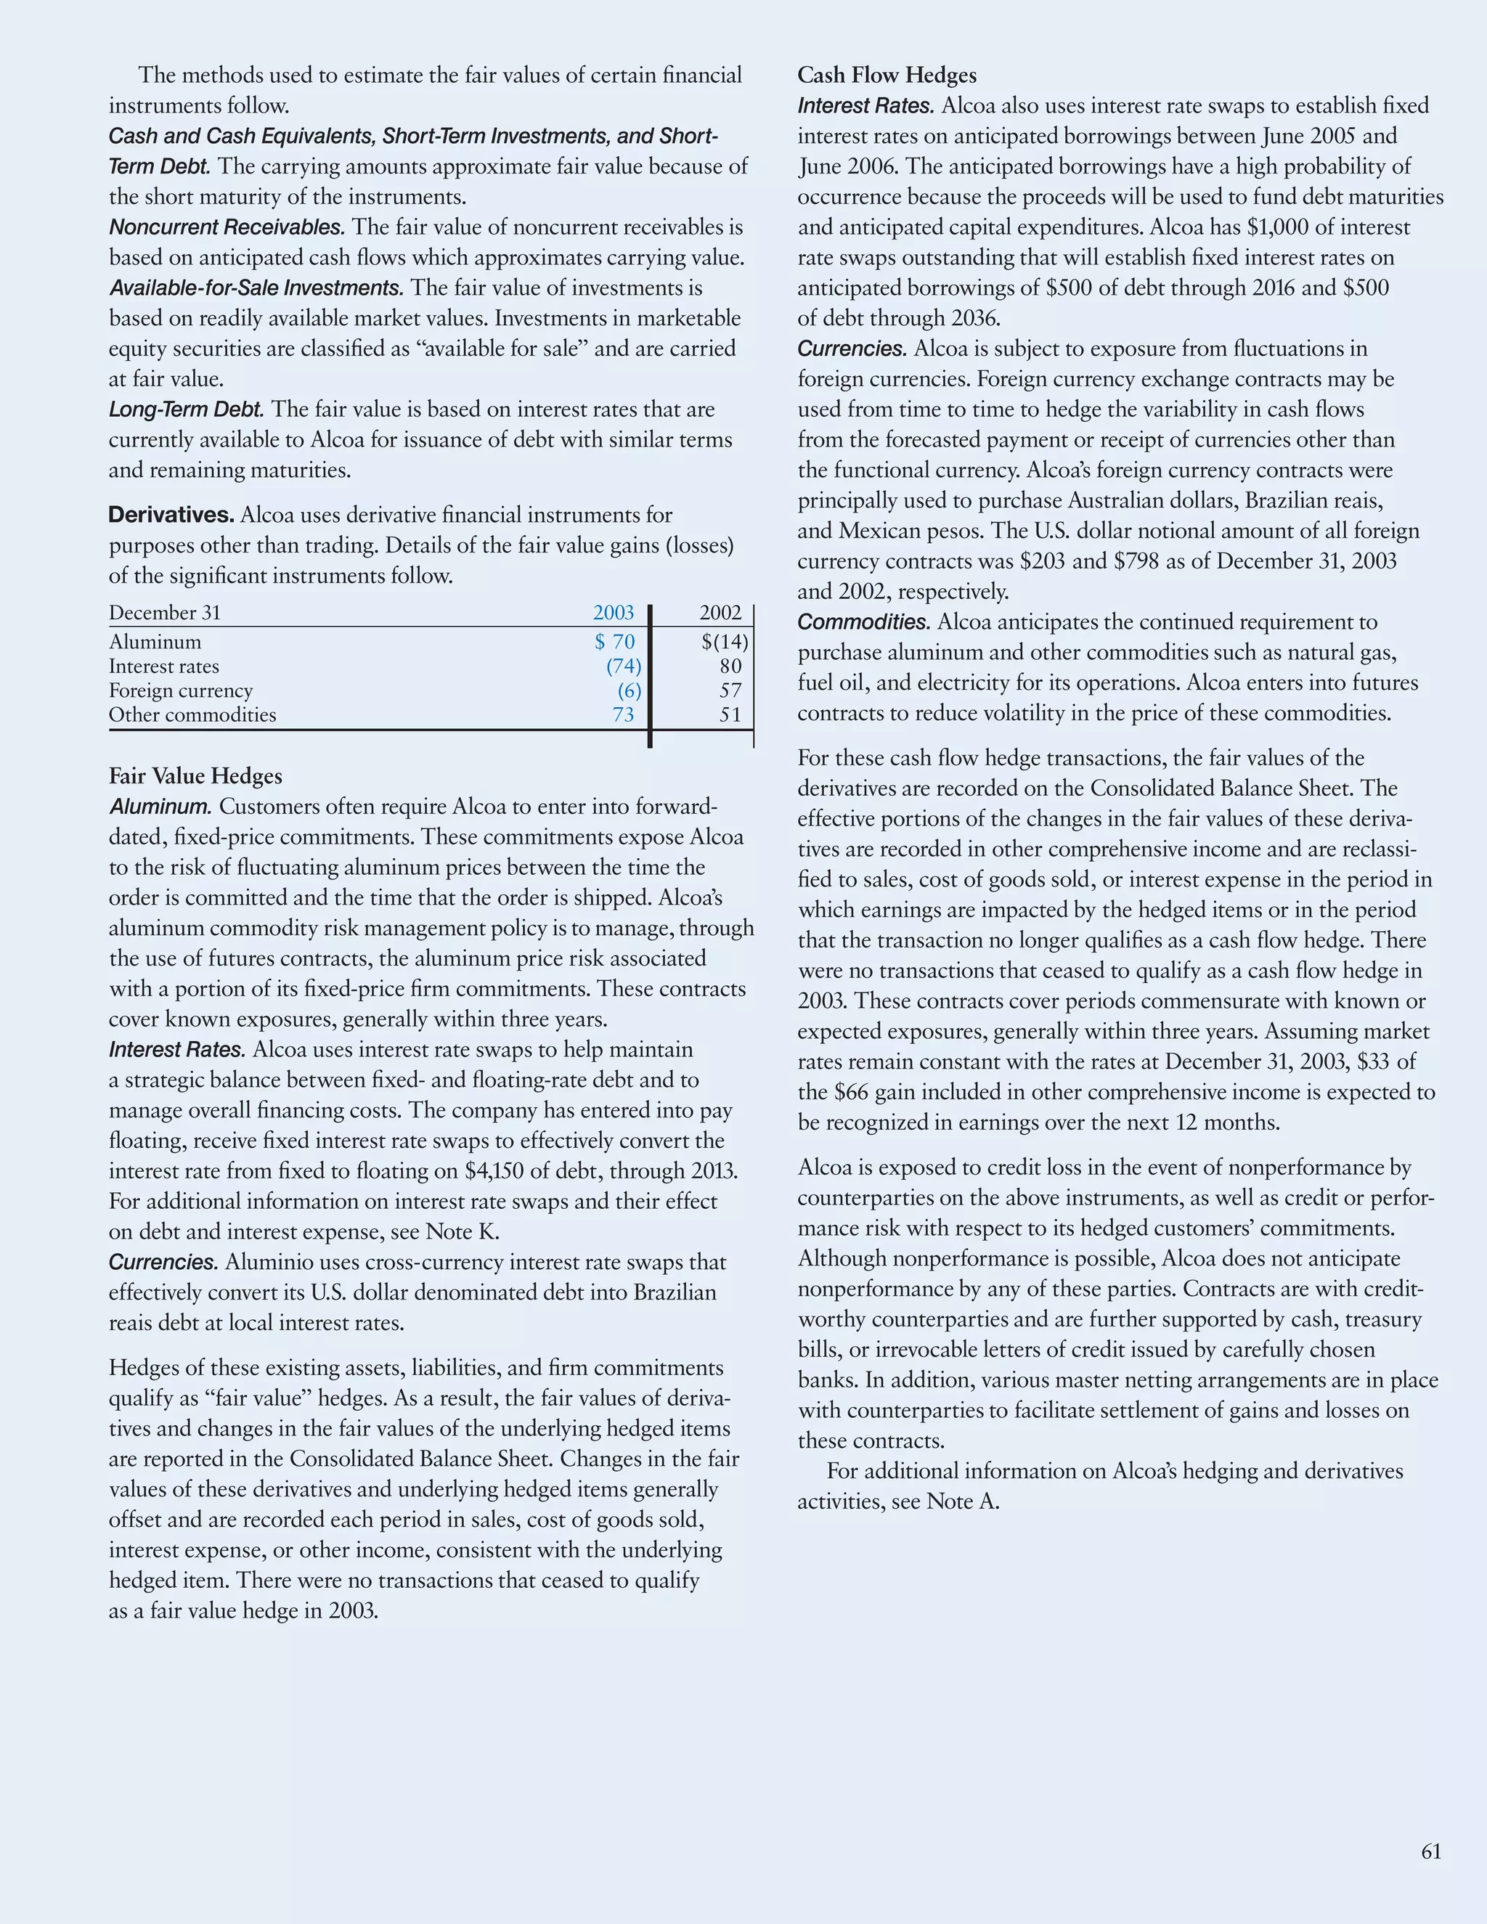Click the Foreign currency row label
[x=181, y=690]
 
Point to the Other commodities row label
[x=192, y=714]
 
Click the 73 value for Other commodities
[x=623, y=714]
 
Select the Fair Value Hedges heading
[x=195, y=776]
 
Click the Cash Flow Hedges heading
[x=887, y=75]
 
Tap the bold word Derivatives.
[x=171, y=515]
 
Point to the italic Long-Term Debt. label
[x=186, y=409]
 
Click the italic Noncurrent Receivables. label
[x=227, y=227]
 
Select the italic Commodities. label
[x=863, y=622]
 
